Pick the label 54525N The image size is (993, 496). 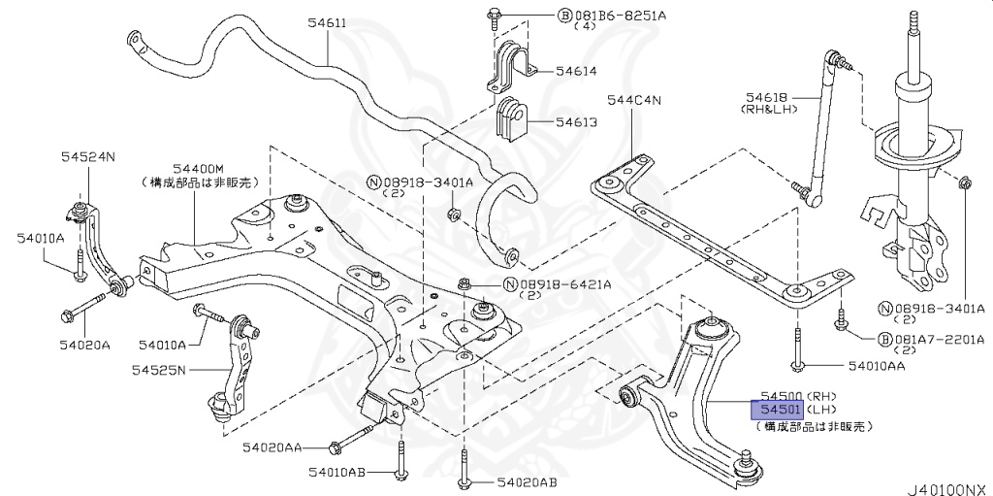pyautogui.click(x=159, y=369)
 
